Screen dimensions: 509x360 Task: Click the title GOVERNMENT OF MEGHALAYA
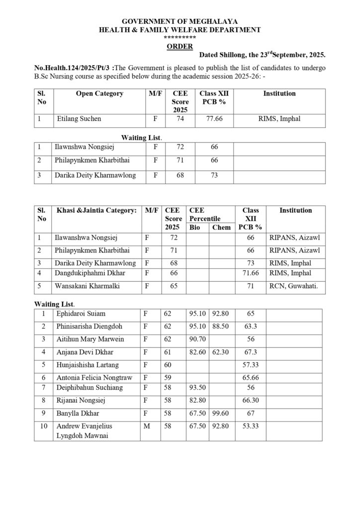point(180,21)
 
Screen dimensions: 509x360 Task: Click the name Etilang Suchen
point(79,119)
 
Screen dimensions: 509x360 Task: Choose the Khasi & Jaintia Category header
point(96,210)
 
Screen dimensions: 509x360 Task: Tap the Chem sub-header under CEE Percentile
point(221,227)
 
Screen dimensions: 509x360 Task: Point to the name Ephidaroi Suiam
point(81,314)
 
